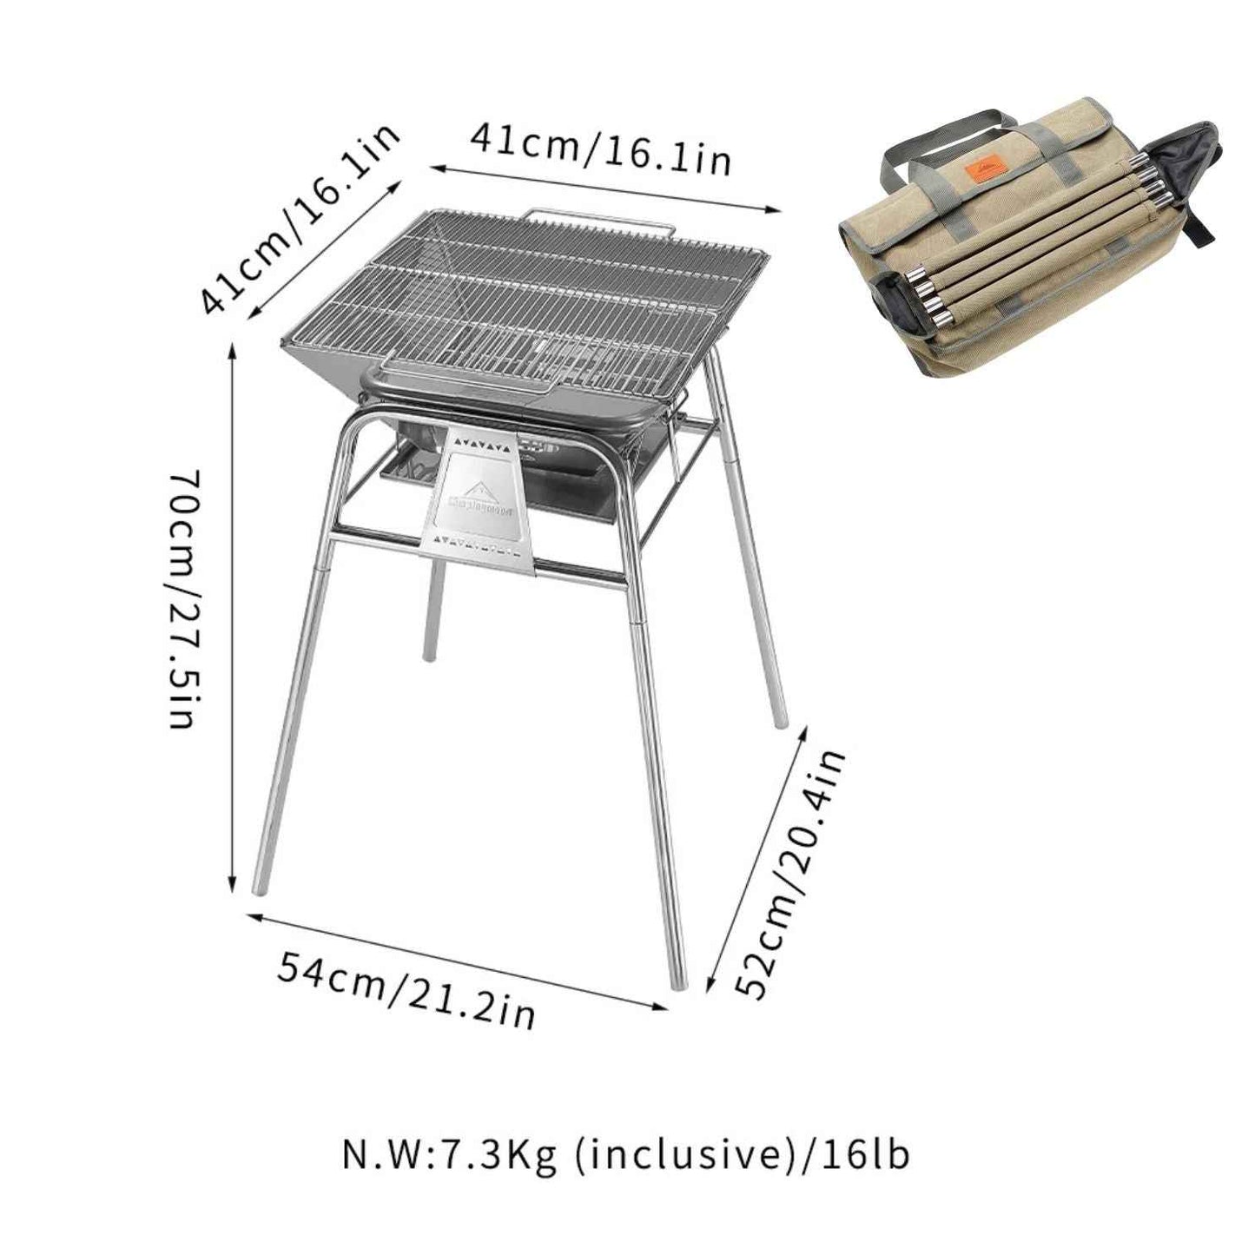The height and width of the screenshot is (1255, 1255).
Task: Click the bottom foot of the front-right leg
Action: coord(677,981)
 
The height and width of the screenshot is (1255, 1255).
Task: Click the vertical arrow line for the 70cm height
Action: coord(232,617)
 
